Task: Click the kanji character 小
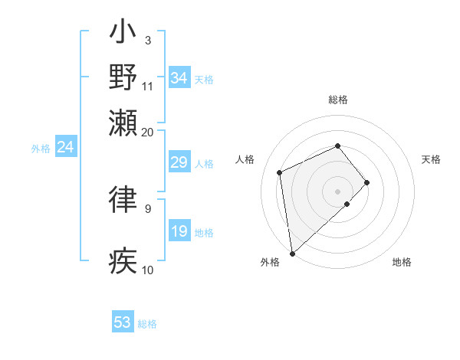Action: pyautogui.click(x=123, y=35)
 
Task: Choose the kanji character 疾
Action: pyautogui.click(x=123, y=260)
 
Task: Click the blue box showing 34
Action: pyautogui.click(x=179, y=78)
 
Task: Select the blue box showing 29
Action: pyautogui.click(x=179, y=162)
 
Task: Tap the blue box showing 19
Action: pyautogui.click(x=179, y=231)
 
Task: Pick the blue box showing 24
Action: pyautogui.click(x=65, y=147)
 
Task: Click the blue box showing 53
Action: pyautogui.click(x=123, y=322)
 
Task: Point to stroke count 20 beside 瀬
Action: pyautogui.click(x=147, y=132)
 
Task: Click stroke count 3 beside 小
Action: pyautogui.click(x=147, y=40)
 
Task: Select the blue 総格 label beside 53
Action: pyautogui.click(x=147, y=324)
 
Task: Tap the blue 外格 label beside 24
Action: pyautogui.click(x=41, y=149)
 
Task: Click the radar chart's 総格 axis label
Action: pyautogui.click(x=338, y=100)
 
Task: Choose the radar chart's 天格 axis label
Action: pyautogui.click(x=431, y=159)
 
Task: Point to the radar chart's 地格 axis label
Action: pyautogui.click(x=402, y=263)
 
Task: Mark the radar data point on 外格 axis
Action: pyautogui.click(x=292, y=254)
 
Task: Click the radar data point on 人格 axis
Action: pyautogui.click(x=281, y=172)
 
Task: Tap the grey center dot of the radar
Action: pyautogui.click(x=338, y=191)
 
